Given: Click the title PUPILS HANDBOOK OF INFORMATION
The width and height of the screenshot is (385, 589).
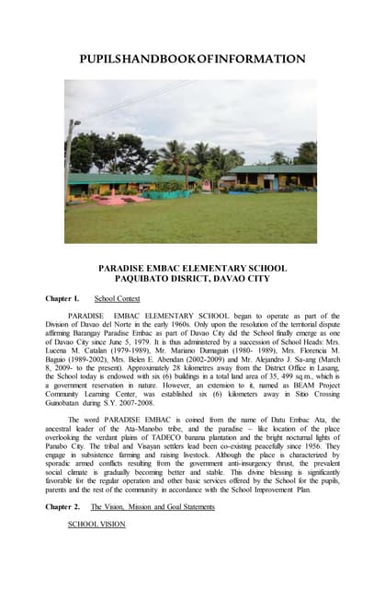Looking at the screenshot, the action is coord(192,59).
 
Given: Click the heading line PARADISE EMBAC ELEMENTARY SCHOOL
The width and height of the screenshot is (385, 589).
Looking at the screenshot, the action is coord(192,268).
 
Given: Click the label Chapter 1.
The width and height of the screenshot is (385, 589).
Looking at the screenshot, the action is coord(62,299).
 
